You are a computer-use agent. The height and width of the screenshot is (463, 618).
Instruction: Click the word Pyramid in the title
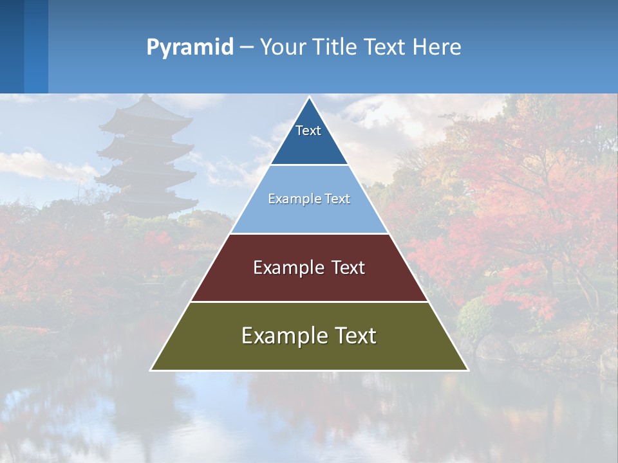click(190, 48)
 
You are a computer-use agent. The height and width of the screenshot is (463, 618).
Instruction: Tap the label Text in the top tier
click(308, 131)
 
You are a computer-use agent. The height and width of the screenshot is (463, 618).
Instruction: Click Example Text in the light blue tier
click(309, 199)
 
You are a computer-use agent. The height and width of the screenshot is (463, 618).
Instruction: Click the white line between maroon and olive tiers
click(309, 302)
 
